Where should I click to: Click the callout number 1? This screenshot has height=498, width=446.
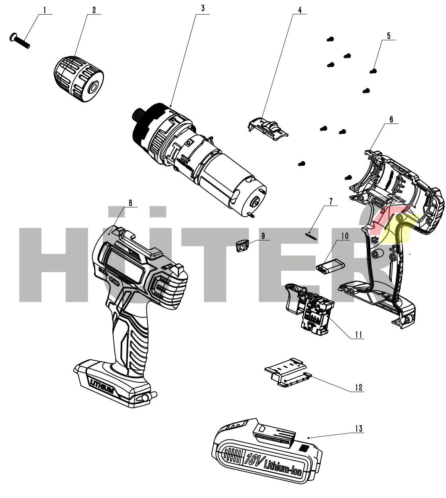[x=45, y=10]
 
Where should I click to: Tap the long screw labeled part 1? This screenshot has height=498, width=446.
[x=20, y=41]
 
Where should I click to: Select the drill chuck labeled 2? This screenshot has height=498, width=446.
[x=79, y=78]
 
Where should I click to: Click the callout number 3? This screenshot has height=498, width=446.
[x=202, y=8]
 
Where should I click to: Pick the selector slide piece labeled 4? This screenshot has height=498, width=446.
[x=267, y=128]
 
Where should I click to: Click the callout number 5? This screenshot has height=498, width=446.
[x=389, y=36]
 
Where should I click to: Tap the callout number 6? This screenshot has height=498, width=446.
[x=391, y=119]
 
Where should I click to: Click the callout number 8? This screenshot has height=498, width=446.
[x=130, y=203]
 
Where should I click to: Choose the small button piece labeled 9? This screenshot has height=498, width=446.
[x=242, y=246]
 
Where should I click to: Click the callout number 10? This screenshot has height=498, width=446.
[x=345, y=236]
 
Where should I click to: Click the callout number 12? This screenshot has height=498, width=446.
[x=359, y=388]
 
